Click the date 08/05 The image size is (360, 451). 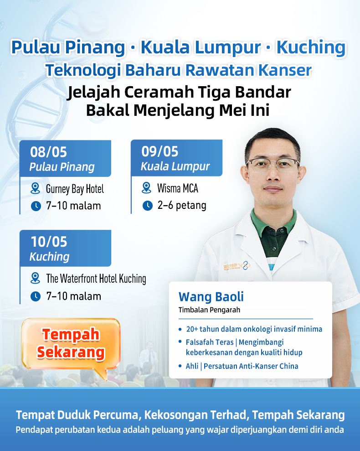[48, 152]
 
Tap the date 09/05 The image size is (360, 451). [159, 151]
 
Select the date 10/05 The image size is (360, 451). [49, 242]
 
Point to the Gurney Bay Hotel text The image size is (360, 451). [75, 189]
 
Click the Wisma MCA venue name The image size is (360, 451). [177, 188]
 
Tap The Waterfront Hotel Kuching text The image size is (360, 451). [96, 279]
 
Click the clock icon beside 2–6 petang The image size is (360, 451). [148, 206]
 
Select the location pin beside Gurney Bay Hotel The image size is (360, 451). [36, 189]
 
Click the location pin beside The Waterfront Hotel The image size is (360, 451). [36, 279]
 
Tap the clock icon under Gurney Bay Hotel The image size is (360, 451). [36, 206]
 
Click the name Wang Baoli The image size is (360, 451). [211, 297]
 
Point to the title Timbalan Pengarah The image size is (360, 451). [209, 310]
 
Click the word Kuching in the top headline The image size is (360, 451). [311, 47]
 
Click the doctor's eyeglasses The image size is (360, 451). [273, 165]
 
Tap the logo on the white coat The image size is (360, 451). [237, 266]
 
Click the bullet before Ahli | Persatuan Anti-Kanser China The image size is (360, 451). [180, 367]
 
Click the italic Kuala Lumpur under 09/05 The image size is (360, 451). [175, 166]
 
